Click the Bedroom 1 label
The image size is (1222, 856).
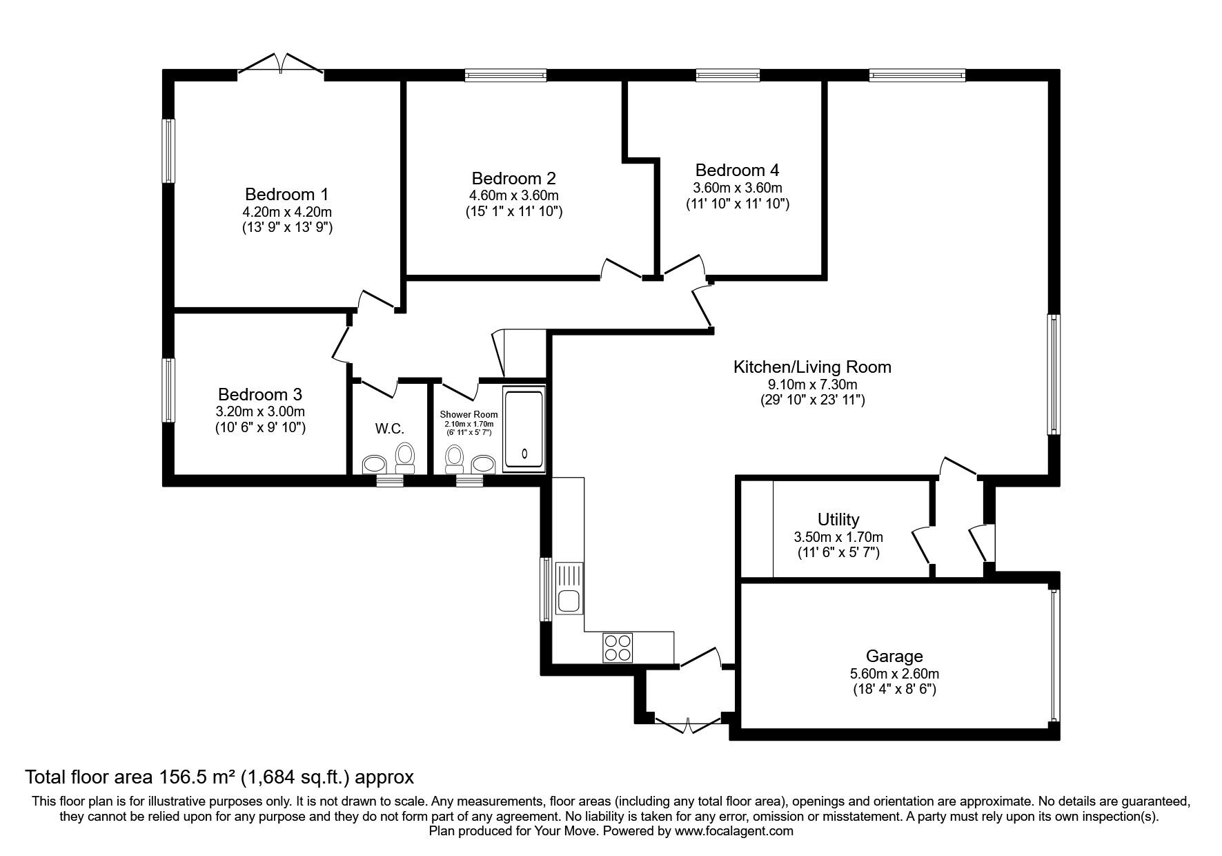287,194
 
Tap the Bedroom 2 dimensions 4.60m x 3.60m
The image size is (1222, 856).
513,195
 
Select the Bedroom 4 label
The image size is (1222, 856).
737,171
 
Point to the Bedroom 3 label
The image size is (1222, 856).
259,395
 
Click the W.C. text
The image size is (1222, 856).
389,429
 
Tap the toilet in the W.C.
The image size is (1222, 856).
405,457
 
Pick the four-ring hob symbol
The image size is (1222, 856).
618,647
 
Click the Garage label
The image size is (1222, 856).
894,656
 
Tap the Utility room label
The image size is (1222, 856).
838,519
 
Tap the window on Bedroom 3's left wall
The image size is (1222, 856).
168,389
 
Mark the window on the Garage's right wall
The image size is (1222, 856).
1054,654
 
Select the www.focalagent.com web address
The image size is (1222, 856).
734,831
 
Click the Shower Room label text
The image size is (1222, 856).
469,414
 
